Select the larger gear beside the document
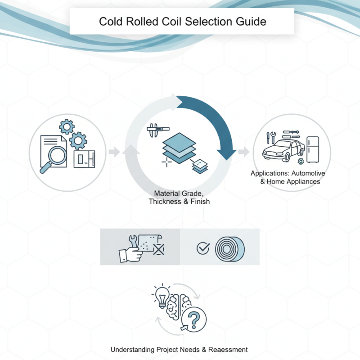click(78, 140)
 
